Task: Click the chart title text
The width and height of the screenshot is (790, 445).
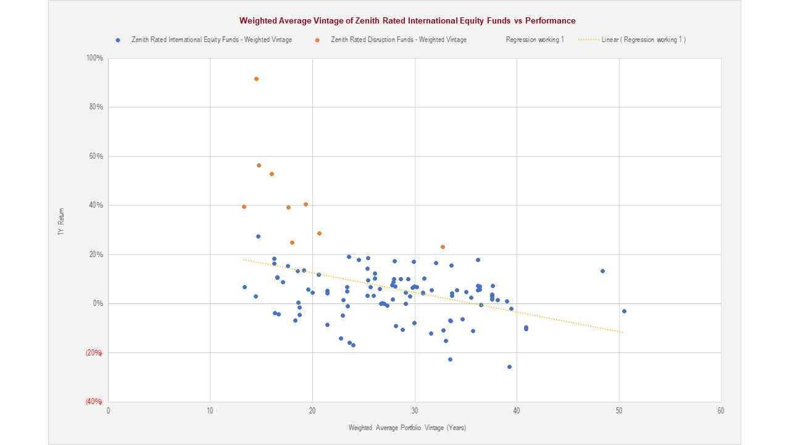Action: click(x=407, y=21)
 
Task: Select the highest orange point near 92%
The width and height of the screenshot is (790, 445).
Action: click(x=256, y=78)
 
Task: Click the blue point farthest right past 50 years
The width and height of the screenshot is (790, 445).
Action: click(x=624, y=311)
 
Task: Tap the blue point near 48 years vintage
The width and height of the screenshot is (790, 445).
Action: click(x=602, y=271)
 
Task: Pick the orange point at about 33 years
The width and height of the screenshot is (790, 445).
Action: click(x=443, y=247)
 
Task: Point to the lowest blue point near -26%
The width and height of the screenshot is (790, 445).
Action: click(x=509, y=367)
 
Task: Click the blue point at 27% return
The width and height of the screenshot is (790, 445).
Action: click(x=258, y=236)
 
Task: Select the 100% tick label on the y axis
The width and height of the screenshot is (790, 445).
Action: click(x=95, y=58)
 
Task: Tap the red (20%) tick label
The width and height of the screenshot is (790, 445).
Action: click(x=94, y=353)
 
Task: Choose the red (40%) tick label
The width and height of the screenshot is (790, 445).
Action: click(x=94, y=402)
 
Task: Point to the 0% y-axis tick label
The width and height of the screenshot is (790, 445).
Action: click(x=98, y=303)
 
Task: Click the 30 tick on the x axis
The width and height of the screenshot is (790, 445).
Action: click(x=414, y=410)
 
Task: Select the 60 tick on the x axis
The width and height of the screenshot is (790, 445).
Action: click(x=720, y=410)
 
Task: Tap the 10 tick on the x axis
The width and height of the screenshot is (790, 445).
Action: click(x=210, y=410)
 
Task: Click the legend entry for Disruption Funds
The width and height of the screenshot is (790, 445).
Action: click(x=398, y=40)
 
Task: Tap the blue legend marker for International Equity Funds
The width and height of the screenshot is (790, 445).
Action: click(x=118, y=40)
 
